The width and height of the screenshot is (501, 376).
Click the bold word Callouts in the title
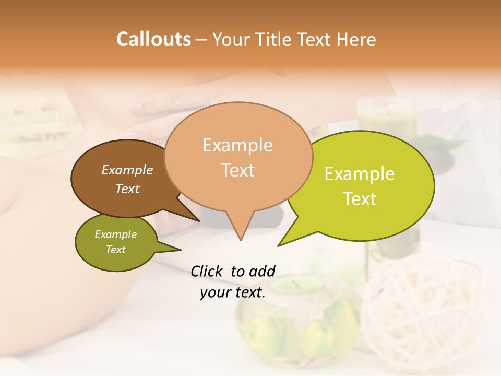[x=153, y=39]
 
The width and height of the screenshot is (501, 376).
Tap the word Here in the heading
[x=357, y=39]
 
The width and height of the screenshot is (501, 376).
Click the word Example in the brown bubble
[x=127, y=170]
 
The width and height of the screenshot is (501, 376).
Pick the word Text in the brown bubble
[x=127, y=189]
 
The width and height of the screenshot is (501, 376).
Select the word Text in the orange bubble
[x=237, y=170]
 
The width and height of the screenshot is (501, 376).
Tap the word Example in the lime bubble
[x=360, y=174]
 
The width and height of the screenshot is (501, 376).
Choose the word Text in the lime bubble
[x=360, y=198]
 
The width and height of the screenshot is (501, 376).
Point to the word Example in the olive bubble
[x=115, y=234]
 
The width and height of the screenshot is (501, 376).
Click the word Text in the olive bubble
[x=115, y=250]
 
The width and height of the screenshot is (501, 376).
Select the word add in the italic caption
[x=261, y=271]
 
